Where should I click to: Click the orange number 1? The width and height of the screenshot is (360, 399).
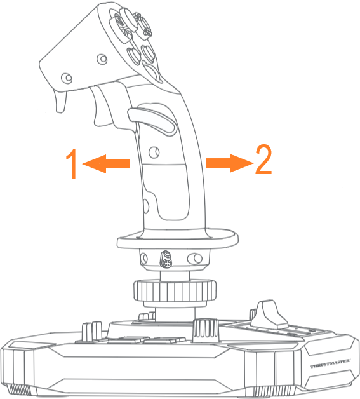(72, 163)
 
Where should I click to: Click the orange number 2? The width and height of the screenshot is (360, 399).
(263, 159)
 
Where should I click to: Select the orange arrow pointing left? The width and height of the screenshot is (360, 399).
(106, 164)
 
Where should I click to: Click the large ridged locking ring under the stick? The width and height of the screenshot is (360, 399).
(175, 291)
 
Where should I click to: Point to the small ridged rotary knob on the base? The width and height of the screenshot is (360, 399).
(206, 330)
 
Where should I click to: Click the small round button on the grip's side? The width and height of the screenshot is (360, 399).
(154, 152)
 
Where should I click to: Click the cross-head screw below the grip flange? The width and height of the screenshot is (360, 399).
(167, 264)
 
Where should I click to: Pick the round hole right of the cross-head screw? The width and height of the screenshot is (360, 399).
(194, 259)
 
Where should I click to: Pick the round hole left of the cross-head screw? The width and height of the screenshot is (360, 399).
(144, 258)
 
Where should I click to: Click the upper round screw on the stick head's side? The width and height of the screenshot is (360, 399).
(102, 59)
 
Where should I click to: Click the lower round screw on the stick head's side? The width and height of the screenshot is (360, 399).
(67, 78)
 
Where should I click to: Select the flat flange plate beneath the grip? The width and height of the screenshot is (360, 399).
(177, 239)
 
